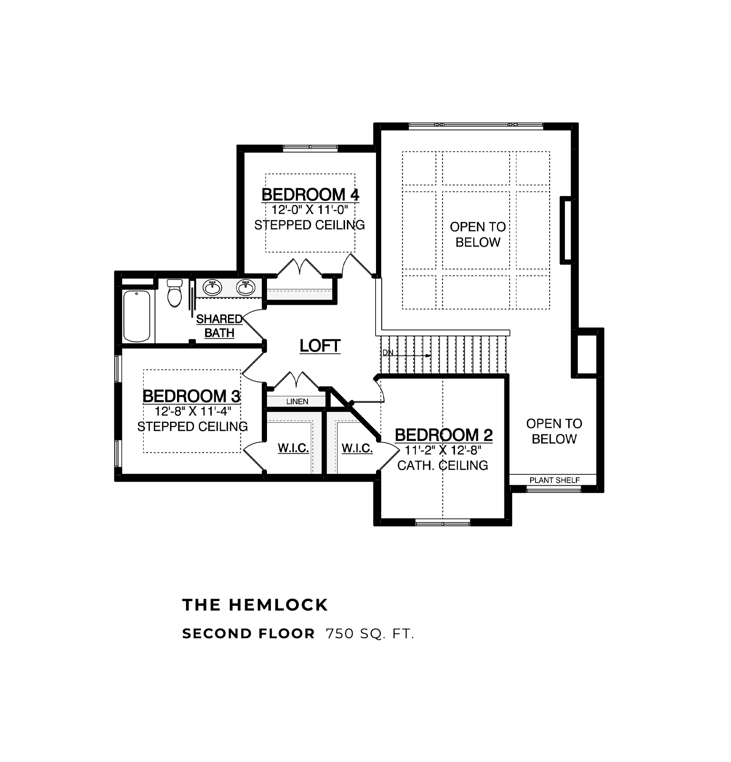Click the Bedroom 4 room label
click(310, 194)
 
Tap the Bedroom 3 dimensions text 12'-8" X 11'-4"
click(193, 411)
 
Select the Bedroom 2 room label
click(444, 435)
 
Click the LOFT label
click(320, 346)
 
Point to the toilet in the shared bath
click(175, 292)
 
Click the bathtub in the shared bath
click(137, 316)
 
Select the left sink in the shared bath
click(212, 288)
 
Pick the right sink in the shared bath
click(246, 288)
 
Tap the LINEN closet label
click(297, 401)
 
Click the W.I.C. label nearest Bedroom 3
click(293, 448)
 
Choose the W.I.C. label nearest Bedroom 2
click(357, 448)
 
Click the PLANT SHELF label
click(554, 480)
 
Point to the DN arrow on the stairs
click(407, 355)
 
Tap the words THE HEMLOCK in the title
click(255, 605)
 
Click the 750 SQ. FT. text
click(370, 634)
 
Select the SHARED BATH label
click(219, 326)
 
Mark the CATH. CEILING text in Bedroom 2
click(443, 465)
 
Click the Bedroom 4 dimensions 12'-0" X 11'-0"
click(310, 210)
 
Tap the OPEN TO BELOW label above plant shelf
click(554, 431)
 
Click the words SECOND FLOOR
click(248, 634)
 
